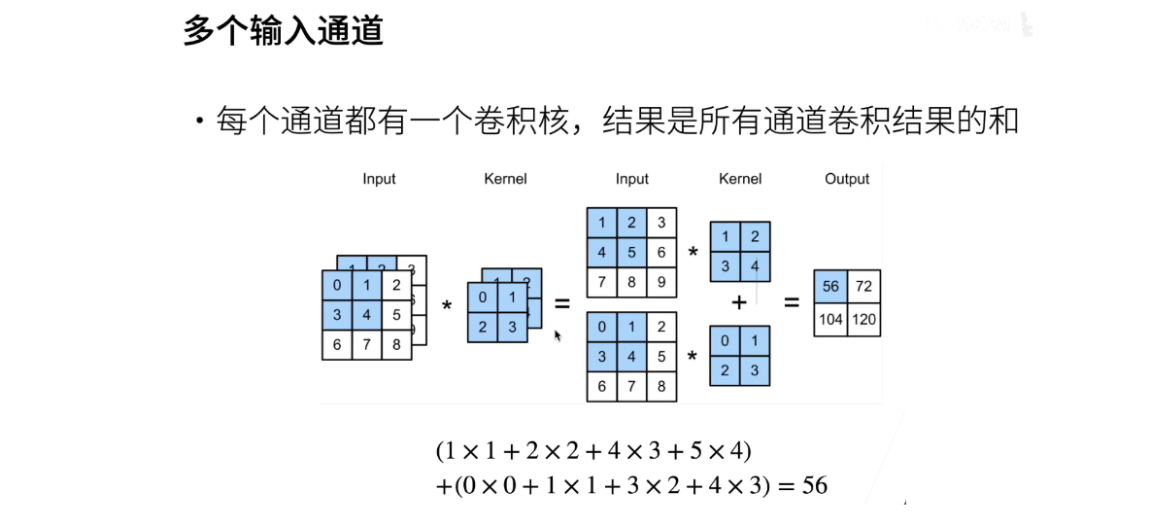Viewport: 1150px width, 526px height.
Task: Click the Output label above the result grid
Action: coord(846,179)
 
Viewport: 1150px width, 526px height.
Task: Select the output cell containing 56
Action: coord(830,286)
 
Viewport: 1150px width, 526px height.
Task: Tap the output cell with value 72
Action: coord(864,286)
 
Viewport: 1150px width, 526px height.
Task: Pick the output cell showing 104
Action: coord(830,320)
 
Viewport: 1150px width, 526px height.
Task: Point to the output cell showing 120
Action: coord(864,320)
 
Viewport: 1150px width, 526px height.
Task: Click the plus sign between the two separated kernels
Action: coord(739,302)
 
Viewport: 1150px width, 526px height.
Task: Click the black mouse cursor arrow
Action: coord(558,335)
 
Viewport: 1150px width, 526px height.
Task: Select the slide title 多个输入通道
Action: coord(283,31)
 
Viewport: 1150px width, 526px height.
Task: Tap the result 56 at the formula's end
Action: coord(815,484)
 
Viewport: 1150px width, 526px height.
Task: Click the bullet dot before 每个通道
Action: coord(200,123)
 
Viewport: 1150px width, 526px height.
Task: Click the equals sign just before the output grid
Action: coord(791,302)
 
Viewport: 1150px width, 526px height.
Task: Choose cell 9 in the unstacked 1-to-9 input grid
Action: coord(660,283)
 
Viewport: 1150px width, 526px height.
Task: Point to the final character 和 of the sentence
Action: coord(1003,123)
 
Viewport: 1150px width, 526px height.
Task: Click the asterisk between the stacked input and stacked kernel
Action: coord(447,305)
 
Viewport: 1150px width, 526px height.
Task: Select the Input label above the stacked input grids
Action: coord(379,179)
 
